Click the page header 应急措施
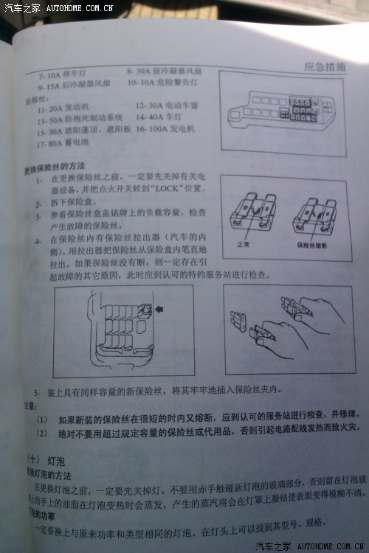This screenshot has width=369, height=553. (325, 66)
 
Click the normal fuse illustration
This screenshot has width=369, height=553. (252, 215)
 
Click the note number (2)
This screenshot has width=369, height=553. (41, 431)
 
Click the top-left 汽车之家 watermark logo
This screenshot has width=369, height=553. (21, 7)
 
